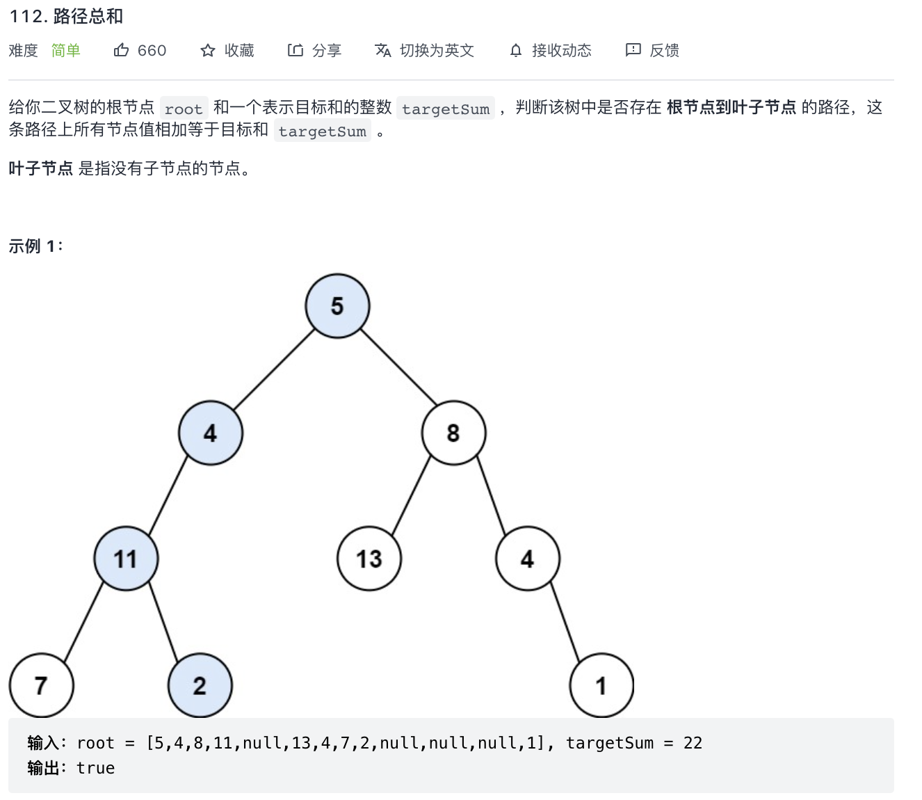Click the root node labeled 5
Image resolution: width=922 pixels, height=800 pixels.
click(337, 306)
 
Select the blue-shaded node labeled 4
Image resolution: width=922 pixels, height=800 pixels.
click(211, 433)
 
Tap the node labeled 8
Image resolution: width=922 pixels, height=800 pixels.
click(453, 433)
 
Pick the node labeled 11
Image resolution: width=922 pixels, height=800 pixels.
click(126, 559)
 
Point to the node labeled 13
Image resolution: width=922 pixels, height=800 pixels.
click(369, 559)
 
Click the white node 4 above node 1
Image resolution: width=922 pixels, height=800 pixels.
click(528, 559)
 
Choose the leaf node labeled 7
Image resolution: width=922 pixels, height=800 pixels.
click(41, 685)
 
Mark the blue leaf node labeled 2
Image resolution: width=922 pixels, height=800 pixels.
click(200, 685)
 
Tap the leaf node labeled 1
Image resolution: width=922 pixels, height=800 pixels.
click(601, 685)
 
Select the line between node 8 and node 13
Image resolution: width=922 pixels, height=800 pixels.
click(412, 495)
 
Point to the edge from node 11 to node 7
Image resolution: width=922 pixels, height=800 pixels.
click(83, 622)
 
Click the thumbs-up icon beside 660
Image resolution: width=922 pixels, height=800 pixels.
click(122, 50)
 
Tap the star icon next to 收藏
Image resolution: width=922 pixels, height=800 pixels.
click(208, 50)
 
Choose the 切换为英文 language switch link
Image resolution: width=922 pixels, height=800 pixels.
click(436, 50)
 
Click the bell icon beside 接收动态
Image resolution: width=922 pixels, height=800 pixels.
click(516, 50)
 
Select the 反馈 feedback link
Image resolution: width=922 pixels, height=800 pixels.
click(664, 50)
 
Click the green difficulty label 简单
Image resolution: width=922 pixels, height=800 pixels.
click(66, 50)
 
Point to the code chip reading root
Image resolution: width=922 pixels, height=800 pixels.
click(184, 109)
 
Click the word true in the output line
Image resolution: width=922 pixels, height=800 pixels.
click(95, 768)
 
